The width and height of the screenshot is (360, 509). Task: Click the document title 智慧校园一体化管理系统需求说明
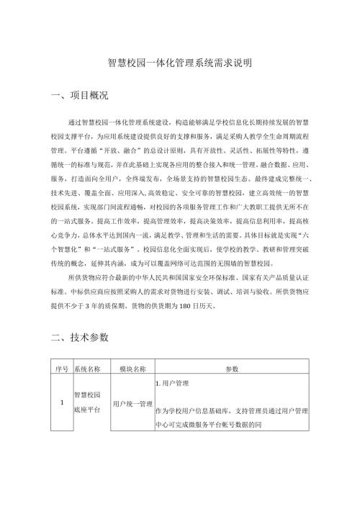click(x=179, y=63)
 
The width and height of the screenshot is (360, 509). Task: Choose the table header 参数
click(x=232, y=369)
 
